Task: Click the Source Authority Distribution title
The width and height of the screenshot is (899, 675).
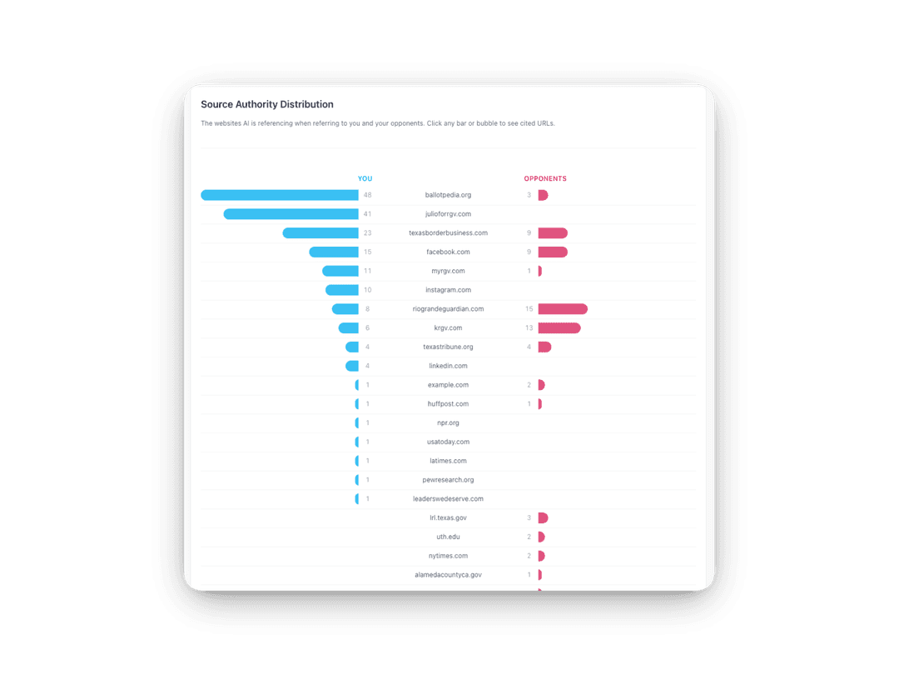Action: [x=267, y=104]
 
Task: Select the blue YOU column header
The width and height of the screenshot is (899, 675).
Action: [x=365, y=178]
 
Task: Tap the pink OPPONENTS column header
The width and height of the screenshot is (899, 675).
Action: [x=545, y=178]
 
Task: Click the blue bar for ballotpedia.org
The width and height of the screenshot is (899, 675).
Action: [x=280, y=195]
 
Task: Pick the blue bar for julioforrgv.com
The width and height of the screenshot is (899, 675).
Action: [x=291, y=214]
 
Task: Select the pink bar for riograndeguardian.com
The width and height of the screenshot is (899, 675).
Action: [x=563, y=309]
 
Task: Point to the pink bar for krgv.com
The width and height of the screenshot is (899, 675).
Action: [x=559, y=328]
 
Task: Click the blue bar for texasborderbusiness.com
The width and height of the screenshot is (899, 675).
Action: [x=320, y=233]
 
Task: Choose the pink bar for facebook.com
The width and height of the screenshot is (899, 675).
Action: [x=553, y=252]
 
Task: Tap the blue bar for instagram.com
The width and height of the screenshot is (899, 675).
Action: [x=342, y=290]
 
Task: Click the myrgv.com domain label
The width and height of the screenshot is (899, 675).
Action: [x=448, y=271]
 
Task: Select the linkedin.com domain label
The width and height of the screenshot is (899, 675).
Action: [x=448, y=366]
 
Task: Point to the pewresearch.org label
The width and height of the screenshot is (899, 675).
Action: [x=448, y=480]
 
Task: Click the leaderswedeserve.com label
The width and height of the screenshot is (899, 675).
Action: [x=448, y=499]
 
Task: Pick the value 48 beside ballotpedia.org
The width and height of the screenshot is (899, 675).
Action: [x=367, y=195]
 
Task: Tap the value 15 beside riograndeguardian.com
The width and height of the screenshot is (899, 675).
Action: [x=529, y=309]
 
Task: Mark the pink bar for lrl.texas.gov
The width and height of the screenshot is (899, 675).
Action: [x=543, y=517]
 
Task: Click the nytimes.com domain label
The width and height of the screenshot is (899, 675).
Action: [x=448, y=556]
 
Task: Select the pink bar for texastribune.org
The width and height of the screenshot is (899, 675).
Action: [x=544, y=347]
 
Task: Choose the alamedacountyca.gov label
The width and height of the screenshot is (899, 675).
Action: [x=448, y=575]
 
